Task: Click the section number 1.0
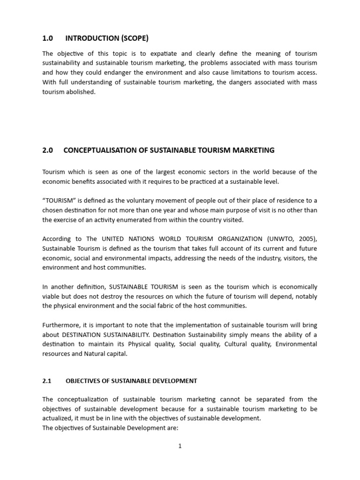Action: [x=48, y=38]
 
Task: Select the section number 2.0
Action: [x=48, y=150]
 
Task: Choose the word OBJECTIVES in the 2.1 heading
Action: [x=84, y=381]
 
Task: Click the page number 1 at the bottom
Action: [x=180, y=446]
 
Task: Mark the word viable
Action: [x=51, y=296]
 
